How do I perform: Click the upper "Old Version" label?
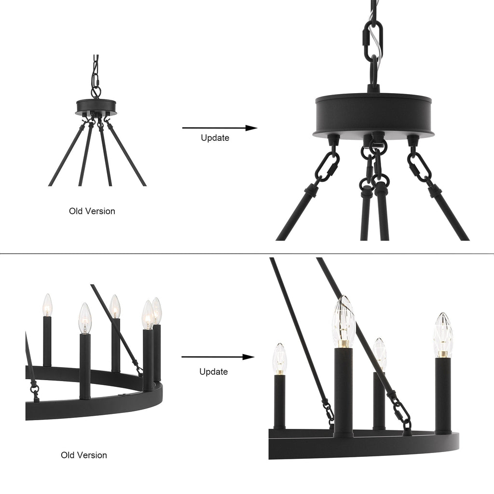point(92,211)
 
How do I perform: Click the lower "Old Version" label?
point(84,455)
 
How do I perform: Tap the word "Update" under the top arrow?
point(215,137)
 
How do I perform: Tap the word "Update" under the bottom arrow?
point(214,372)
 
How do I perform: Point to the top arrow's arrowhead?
point(251,128)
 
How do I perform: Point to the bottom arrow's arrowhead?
point(248,357)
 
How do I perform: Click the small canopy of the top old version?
point(96,106)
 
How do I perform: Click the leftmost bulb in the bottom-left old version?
point(47,305)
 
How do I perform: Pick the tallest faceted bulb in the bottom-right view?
point(343,318)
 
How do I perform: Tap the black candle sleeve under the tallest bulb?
point(343,391)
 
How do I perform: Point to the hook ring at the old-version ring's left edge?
point(34,388)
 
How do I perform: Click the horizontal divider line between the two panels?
point(247,253)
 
